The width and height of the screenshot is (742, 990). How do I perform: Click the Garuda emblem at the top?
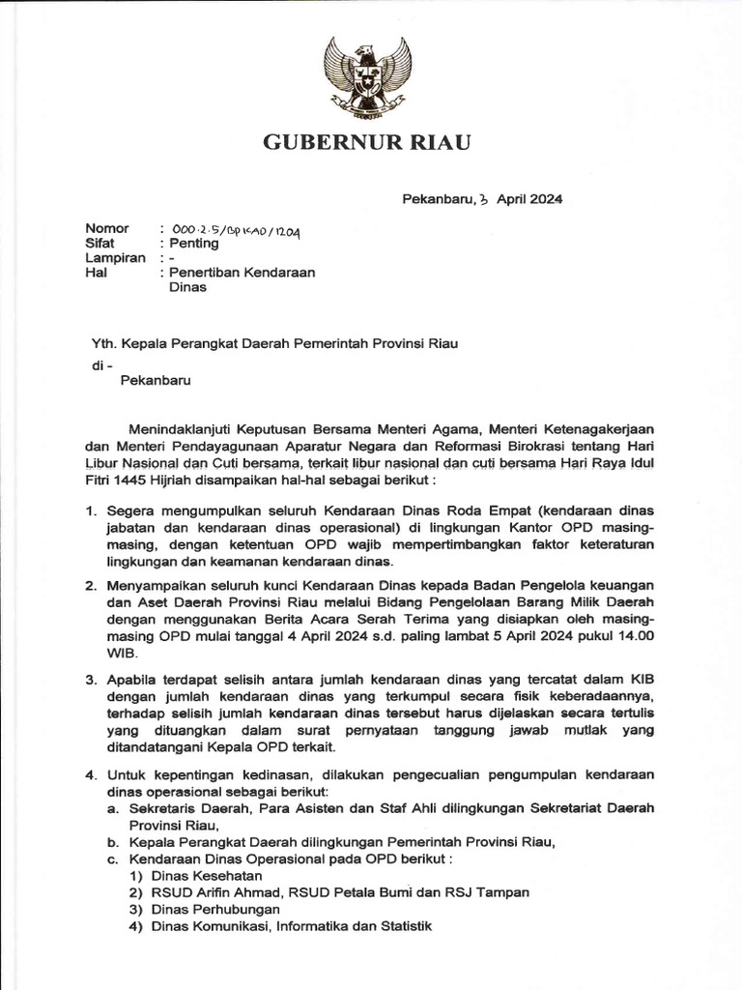pyautogui.click(x=370, y=77)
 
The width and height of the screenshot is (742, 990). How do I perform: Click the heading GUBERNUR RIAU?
pyautogui.click(x=368, y=144)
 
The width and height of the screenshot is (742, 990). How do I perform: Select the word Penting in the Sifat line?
pyautogui.click(x=194, y=244)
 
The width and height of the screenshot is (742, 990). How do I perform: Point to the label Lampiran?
pyautogui.click(x=116, y=258)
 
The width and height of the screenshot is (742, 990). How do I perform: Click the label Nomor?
pyautogui.click(x=107, y=229)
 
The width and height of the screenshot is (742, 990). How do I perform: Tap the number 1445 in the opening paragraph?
pyautogui.click(x=137, y=478)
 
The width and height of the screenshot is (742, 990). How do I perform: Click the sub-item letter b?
pyautogui.click(x=112, y=841)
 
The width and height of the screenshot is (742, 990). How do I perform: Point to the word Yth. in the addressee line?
pyautogui.click(x=99, y=342)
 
